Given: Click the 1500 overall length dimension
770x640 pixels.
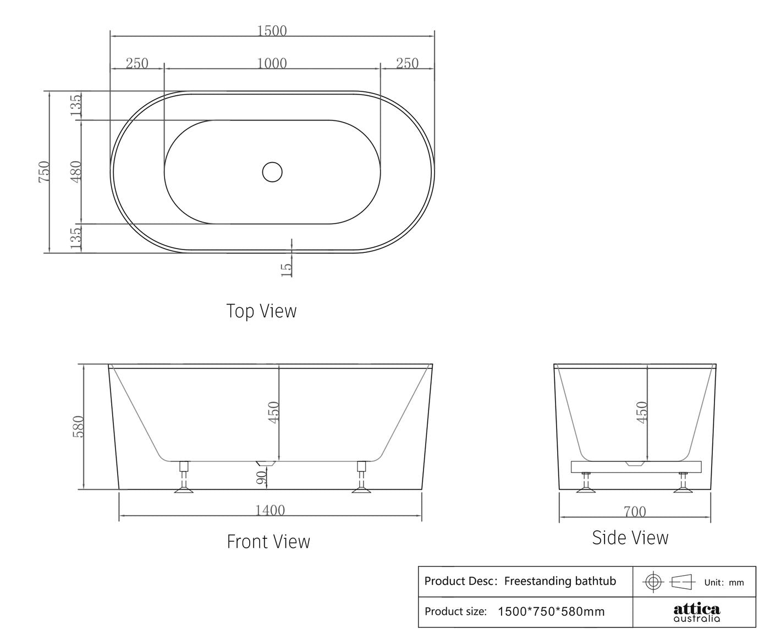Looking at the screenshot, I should [272, 31].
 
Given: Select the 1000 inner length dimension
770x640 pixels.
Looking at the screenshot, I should [272, 64].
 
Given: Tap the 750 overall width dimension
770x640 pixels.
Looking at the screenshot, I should [45, 172].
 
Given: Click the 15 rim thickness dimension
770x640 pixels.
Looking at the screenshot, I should [287, 269].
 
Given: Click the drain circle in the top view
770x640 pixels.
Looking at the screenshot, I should [272, 172].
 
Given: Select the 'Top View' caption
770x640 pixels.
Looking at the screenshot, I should [261, 311].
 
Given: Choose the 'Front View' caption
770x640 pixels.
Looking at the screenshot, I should [268, 542].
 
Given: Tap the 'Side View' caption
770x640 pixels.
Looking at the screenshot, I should [630, 538].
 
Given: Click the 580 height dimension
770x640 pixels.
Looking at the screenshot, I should [79, 427].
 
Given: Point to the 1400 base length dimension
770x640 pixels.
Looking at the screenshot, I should [270, 511].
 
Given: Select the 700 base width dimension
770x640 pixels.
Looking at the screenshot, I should [635, 512].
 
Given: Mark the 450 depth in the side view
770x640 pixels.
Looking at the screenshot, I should [641, 412].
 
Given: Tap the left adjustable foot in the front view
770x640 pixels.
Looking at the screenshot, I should [184, 478].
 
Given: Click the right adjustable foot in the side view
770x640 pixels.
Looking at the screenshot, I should [684, 482].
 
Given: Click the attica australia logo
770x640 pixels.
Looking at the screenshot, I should [696, 613].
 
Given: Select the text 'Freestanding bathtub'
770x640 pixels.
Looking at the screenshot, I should [560, 581].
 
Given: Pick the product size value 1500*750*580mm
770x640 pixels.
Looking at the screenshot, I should [551, 611].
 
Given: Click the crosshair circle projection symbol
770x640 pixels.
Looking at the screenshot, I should [653, 581].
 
